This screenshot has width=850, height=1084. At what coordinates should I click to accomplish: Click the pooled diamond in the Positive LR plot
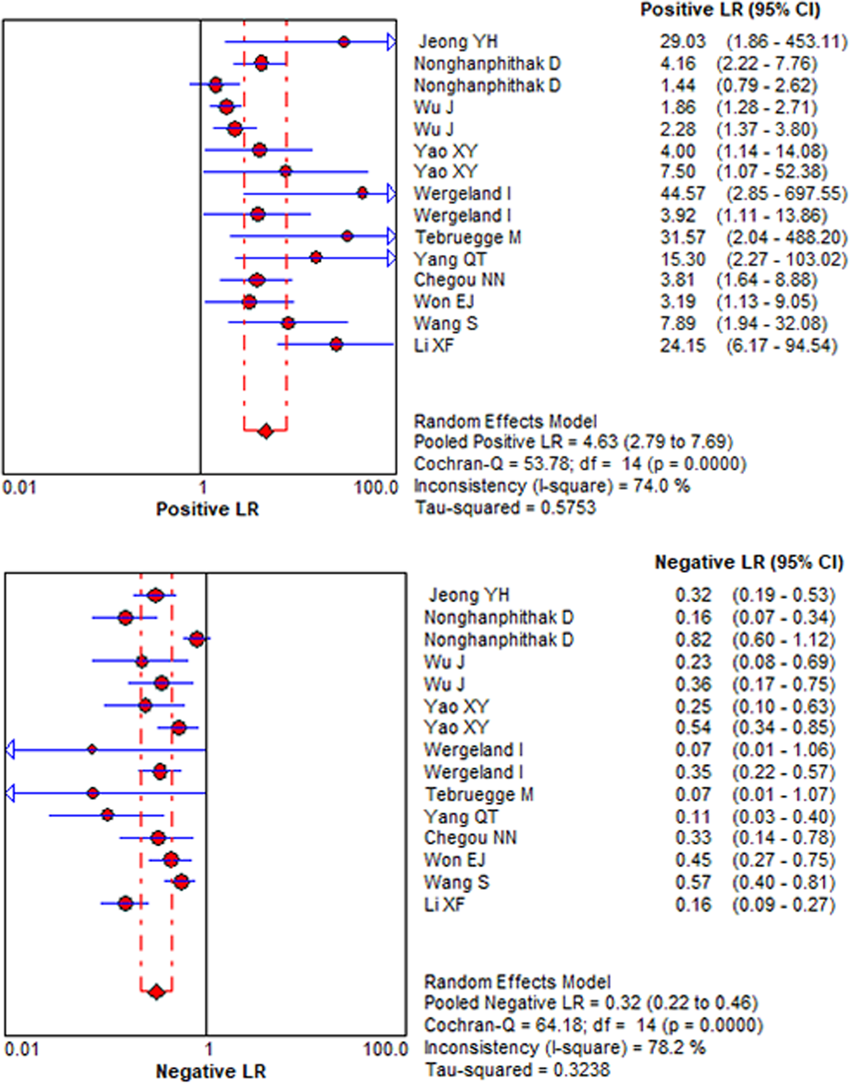click(x=266, y=431)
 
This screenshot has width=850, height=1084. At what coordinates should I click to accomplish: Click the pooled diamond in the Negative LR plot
click(x=156, y=992)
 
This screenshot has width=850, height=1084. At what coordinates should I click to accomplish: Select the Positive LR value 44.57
click(x=682, y=193)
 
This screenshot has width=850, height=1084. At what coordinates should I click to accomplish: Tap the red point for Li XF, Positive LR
click(x=336, y=344)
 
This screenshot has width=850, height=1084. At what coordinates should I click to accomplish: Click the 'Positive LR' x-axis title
click(x=207, y=508)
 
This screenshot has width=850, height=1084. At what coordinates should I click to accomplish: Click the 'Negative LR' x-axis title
click(x=210, y=1071)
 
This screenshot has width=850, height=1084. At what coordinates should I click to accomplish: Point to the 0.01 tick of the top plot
click(x=19, y=487)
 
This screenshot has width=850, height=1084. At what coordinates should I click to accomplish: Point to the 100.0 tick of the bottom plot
click(x=385, y=1049)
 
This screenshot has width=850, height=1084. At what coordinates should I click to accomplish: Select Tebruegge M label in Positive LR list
click(x=467, y=237)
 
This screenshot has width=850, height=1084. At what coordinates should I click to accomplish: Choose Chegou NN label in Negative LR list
click(x=470, y=838)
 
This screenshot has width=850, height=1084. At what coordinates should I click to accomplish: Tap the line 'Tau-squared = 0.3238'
click(x=517, y=1070)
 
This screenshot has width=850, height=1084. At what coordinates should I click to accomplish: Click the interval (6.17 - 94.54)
click(x=781, y=345)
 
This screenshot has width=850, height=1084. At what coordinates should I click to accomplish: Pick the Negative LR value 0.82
click(x=693, y=640)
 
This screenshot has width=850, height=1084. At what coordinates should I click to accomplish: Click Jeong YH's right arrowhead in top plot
click(x=391, y=42)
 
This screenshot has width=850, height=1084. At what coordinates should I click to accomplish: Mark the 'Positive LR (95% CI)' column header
click(x=730, y=10)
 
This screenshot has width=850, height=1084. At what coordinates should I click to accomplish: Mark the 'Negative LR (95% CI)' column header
click(x=749, y=562)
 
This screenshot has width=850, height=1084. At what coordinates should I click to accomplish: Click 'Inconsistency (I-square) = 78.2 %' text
click(x=564, y=1048)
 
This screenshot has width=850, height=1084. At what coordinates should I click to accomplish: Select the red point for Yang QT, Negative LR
click(x=107, y=815)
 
